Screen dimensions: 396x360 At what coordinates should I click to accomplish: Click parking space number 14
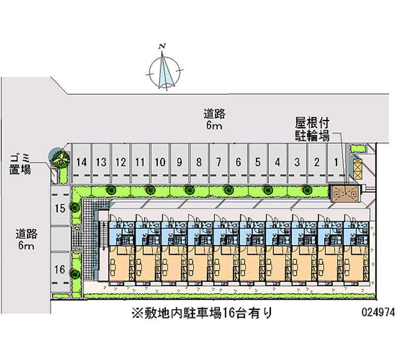(x=82, y=162)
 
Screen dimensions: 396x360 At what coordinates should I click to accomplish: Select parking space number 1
(x=336, y=162)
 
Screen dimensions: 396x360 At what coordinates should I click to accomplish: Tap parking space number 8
(x=198, y=162)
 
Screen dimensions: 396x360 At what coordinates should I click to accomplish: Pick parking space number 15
(x=59, y=209)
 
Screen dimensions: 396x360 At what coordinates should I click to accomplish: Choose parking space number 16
(x=59, y=270)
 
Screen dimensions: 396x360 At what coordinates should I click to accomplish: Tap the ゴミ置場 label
(x=20, y=164)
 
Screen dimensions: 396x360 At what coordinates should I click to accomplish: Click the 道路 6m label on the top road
(x=214, y=120)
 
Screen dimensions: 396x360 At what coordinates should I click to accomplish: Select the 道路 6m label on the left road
(x=26, y=239)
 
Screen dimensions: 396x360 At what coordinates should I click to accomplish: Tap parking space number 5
(x=258, y=162)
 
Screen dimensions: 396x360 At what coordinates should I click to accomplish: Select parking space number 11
(x=140, y=162)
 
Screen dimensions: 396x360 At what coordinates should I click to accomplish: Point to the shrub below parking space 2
(x=307, y=189)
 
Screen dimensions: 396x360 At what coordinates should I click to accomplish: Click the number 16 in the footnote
(x=228, y=313)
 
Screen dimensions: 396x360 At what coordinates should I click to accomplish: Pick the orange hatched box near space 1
(x=356, y=167)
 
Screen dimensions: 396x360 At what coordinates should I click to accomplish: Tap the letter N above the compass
(x=162, y=47)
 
